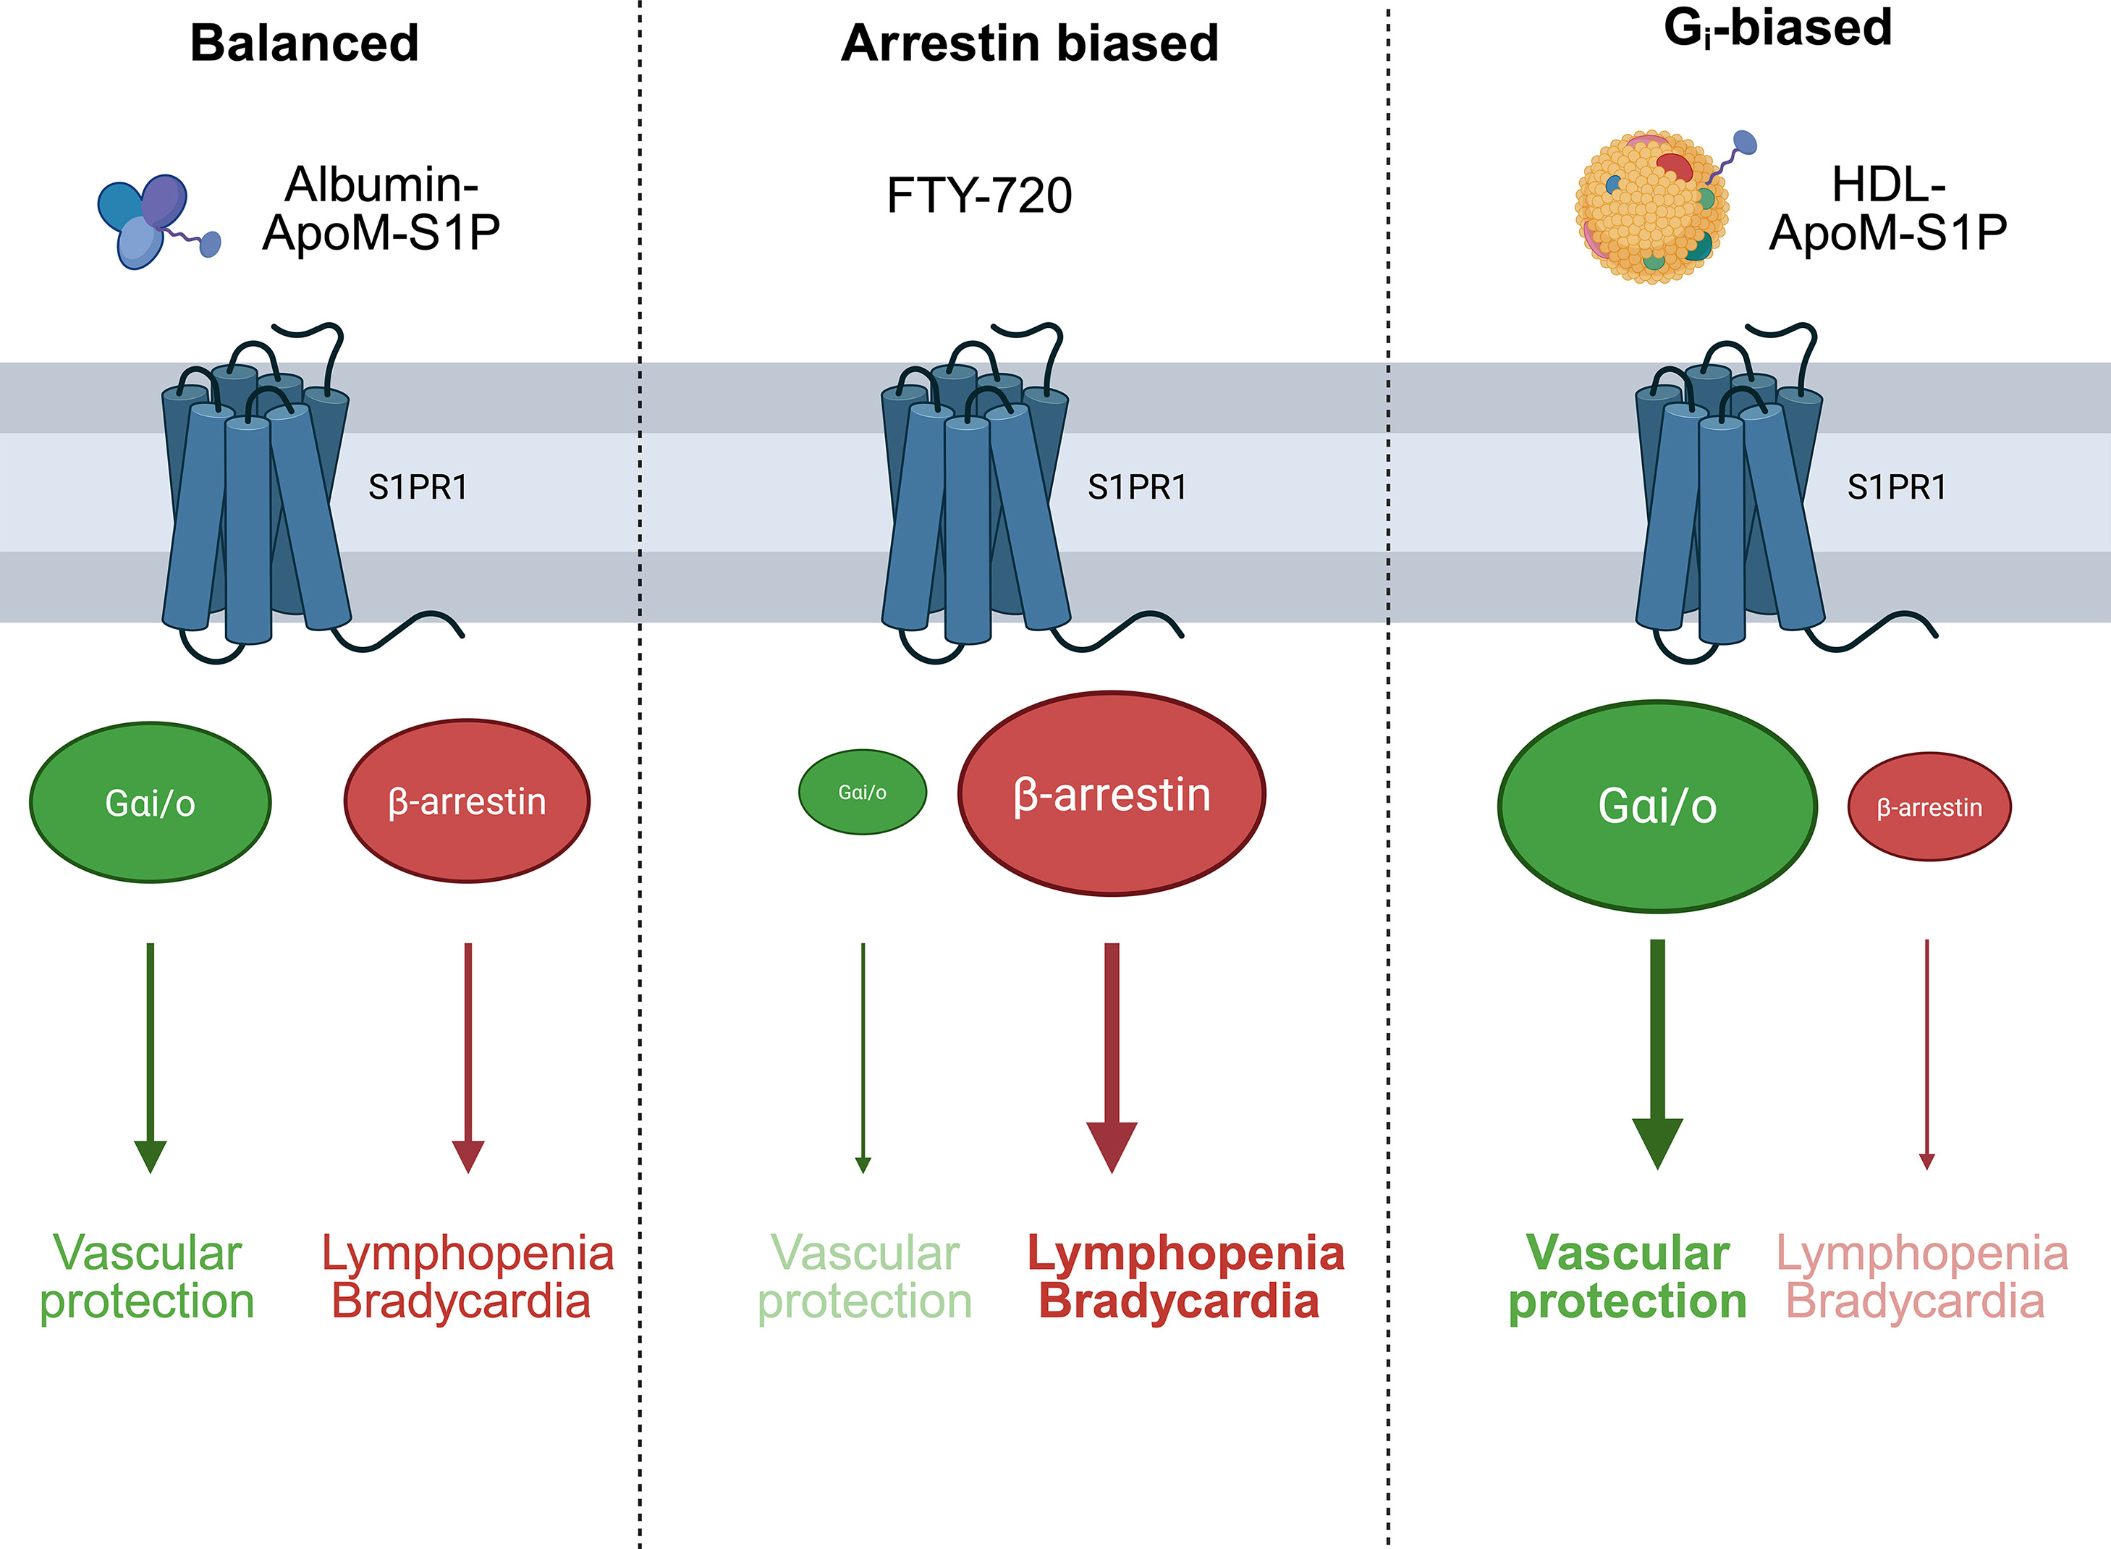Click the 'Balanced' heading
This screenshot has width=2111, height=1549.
tap(304, 43)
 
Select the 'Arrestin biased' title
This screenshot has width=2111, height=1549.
tap(1029, 43)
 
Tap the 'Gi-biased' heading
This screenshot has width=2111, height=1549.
tap(1777, 28)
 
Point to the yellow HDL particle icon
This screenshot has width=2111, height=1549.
tap(1651, 208)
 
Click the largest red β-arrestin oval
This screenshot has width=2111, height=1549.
tap(1112, 794)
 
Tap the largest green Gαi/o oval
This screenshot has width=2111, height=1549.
tap(1657, 806)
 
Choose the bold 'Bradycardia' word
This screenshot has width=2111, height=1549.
tap(1178, 1301)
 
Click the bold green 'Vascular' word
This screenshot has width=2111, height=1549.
tap(1628, 1253)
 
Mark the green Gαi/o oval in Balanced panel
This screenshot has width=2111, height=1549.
tap(150, 803)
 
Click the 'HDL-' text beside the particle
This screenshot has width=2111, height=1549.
tap(1888, 185)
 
